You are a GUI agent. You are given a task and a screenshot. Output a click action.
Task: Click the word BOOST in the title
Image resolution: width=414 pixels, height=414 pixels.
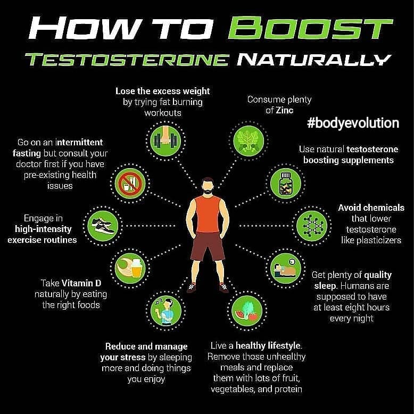tap(311, 28)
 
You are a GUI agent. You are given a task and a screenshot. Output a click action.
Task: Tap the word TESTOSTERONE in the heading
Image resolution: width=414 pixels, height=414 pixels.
tap(127, 60)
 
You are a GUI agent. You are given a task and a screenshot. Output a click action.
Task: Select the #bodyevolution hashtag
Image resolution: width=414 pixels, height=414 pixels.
tap(353, 123)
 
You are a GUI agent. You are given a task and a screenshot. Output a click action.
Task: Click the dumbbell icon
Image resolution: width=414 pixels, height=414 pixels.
tap(165, 140)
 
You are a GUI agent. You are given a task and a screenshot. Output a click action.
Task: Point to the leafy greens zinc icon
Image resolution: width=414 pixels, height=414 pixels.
tap(249, 140)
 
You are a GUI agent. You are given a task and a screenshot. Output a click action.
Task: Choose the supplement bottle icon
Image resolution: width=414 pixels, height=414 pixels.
tap(286, 183)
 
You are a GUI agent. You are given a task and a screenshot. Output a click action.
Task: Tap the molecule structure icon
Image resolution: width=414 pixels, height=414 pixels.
tap(311, 226)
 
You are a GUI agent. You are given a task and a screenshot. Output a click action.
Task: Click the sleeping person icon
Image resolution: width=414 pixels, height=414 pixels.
tap(286, 269)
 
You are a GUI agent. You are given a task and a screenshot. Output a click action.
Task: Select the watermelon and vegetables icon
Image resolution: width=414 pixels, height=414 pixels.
tap(247, 311)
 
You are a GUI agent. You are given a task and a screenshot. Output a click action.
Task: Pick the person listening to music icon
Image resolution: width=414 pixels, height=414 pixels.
tap(166, 311)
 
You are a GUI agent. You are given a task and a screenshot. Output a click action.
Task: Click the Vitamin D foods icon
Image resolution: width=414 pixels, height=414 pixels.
tap(130, 269)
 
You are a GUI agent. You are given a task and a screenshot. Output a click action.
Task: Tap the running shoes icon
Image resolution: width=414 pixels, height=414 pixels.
tap(103, 226)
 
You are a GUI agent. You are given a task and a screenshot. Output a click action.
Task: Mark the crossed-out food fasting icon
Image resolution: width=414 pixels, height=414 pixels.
tap(130, 183)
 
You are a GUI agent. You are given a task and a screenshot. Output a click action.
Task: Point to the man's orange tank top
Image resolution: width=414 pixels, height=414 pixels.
tap(208, 214)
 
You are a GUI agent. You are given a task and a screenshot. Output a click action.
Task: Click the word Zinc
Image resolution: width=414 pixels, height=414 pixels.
tap(284, 110)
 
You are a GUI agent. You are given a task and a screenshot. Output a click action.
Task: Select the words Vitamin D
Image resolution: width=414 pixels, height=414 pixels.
tap(81, 283)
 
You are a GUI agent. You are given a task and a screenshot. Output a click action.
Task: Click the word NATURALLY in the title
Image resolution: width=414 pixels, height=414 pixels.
tap(313, 60)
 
